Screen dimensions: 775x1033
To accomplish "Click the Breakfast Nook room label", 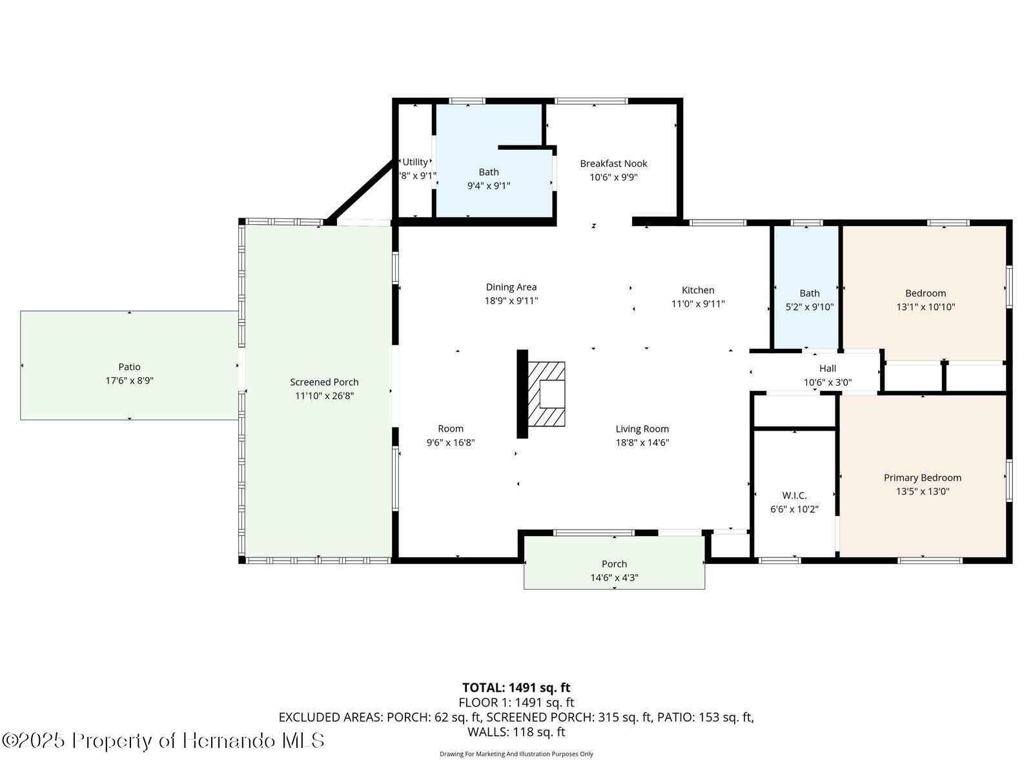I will [x=613, y=163].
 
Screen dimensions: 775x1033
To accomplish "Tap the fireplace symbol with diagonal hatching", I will [x=546, y=393].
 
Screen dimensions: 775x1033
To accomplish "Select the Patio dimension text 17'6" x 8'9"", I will [x=129, y=381].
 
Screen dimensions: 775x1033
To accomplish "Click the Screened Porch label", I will [x=324, y=382].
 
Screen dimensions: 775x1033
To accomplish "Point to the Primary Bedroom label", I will [x=922, y=478].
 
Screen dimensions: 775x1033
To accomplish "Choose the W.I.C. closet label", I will [x=794, y=495].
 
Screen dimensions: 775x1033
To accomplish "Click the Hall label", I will [x=827, y=368].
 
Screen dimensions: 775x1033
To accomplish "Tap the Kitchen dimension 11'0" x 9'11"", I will [x=698, y=304].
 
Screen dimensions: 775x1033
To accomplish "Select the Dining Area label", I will [x=511, y=287].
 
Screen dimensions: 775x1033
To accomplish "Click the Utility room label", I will [x=415, y=162].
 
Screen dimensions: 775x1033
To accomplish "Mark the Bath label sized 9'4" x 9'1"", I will [x=489, y=172].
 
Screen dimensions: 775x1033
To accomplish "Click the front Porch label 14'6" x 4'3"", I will [x=614, y=564].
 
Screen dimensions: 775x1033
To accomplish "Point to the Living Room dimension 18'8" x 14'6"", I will [x=642, y=443].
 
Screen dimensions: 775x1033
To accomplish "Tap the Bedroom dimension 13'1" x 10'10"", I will [x=925, y=307].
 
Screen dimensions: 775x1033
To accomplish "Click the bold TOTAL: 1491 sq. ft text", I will [x=516, y=687].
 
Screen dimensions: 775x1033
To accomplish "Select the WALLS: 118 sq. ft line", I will [x=516, y=732].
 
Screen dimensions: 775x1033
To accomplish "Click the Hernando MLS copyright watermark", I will [x=163, y=740].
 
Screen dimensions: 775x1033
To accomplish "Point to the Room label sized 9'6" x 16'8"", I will [x=451, y=429].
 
